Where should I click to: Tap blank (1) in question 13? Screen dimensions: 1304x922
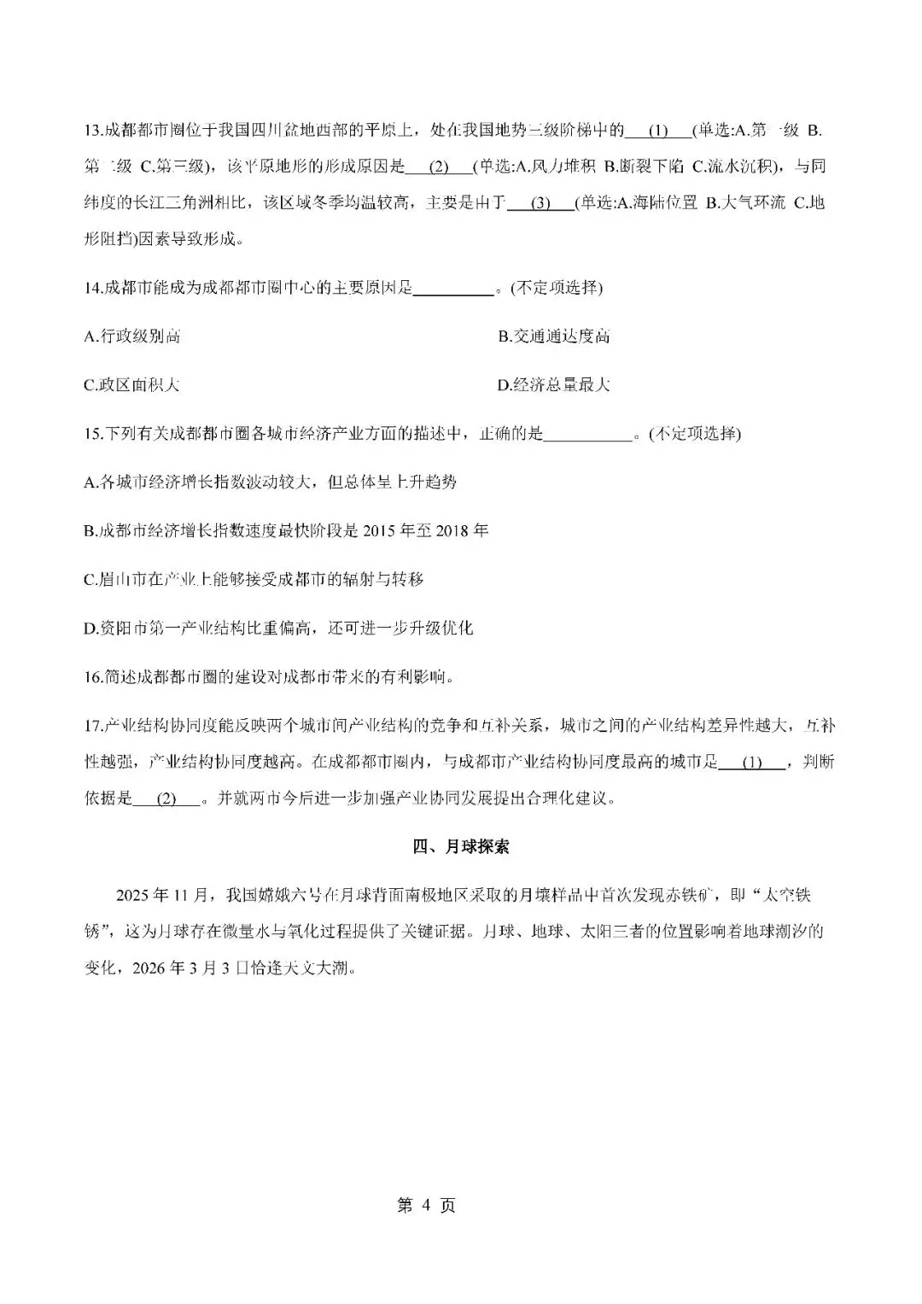[657, 131]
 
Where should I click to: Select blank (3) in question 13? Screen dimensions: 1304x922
[540, 203]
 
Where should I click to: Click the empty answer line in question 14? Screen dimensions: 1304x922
[454, 289]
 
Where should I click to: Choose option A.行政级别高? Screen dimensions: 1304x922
[132, 336]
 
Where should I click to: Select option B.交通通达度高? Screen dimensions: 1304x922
[554, 336]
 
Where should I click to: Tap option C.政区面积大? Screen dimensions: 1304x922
[132, 385]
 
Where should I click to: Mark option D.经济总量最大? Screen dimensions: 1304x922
[554, 385]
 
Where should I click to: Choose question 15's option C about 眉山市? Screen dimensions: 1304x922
[254, 580]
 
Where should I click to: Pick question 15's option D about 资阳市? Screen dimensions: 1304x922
[278, 629]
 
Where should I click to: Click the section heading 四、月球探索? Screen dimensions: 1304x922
[461, 847]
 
